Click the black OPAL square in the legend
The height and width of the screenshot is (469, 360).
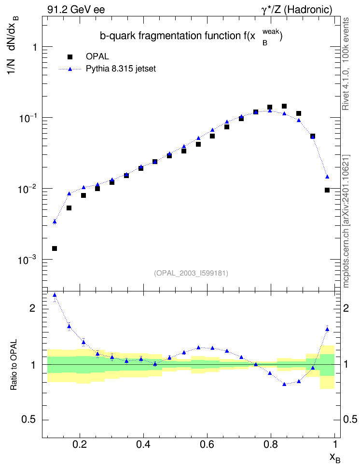point(70,57)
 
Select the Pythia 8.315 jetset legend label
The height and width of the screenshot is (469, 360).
point(121,69)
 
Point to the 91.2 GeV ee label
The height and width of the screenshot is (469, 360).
point(76,10)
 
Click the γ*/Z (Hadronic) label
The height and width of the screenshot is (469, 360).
point(297,10)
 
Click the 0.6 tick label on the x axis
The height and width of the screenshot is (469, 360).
point(207,444)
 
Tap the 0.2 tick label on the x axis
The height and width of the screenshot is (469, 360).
point(79,444)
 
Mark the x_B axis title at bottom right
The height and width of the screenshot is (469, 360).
point(334,458)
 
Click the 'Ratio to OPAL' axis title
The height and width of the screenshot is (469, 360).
point(14,365)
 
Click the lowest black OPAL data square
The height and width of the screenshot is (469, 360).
point(55,248)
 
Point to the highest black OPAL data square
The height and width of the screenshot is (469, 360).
point(284,106)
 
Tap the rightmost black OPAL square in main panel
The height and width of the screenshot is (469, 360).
point(327,190)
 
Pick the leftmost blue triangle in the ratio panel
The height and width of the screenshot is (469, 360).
point(55,295)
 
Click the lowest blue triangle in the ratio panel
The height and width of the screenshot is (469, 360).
point(284,384)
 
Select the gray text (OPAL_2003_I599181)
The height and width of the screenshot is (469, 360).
point(191,273)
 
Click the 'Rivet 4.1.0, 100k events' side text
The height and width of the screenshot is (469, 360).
point(346,64)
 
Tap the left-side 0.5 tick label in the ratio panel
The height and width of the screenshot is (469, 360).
point(29,420)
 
